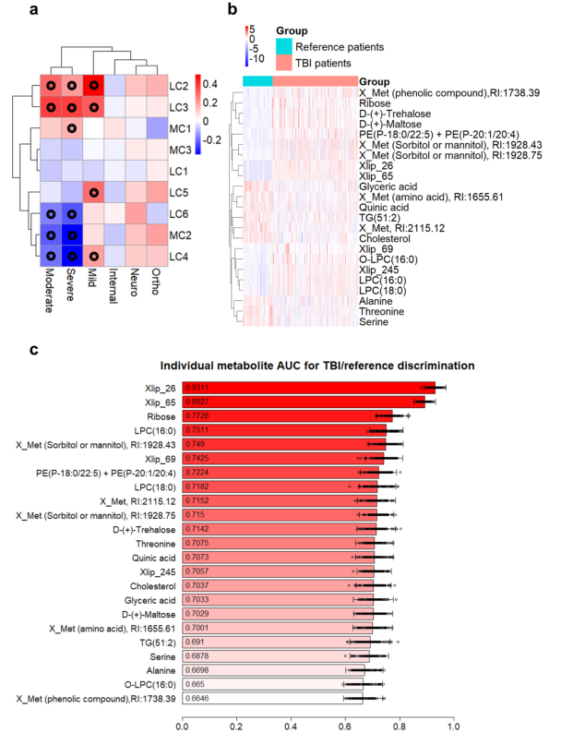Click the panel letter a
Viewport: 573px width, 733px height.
tap(8, 10)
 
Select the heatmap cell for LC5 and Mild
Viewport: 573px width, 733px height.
tap(93, 192)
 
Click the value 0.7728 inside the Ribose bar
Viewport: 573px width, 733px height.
tap(197, 416)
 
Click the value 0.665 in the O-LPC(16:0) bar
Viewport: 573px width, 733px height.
tap(196, 684)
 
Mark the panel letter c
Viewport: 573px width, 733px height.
tap(8, 351)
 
